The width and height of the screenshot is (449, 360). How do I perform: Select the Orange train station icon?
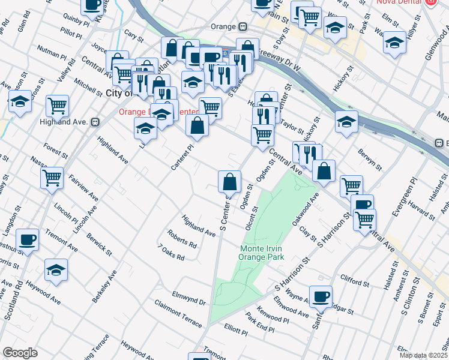[243, 27]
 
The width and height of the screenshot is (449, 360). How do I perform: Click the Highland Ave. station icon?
[94, 122]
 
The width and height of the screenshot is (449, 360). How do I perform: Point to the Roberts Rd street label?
[182, 241]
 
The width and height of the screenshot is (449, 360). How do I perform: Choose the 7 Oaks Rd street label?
[170, 253]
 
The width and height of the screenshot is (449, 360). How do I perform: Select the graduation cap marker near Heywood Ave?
[56, 270]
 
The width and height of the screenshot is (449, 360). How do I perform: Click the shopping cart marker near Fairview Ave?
[52, 177]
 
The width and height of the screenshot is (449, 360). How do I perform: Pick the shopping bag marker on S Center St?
[229, 181]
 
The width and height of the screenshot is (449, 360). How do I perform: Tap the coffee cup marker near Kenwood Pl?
[322, 296]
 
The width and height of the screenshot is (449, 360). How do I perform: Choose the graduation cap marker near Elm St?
[394, 43]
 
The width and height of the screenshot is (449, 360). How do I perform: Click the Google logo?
[20, 353]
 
